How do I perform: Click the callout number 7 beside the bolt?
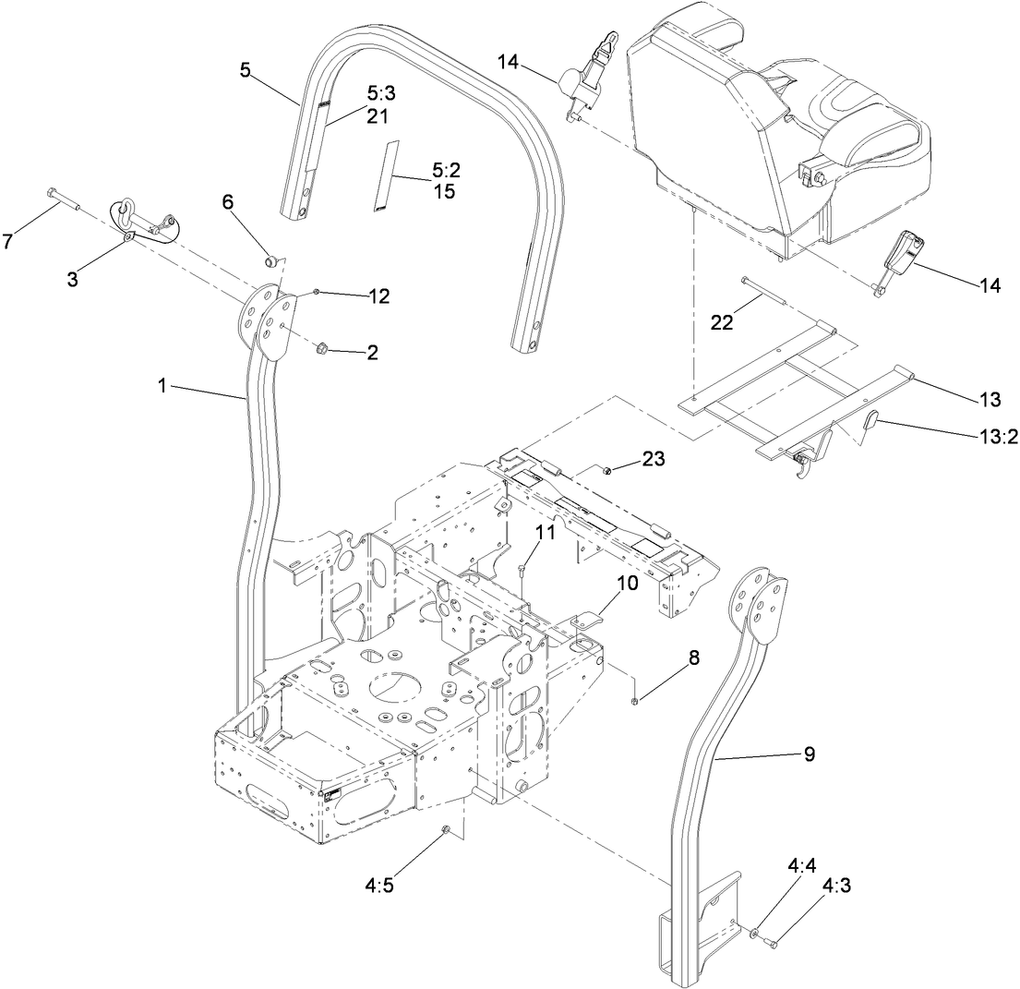click(8, 241)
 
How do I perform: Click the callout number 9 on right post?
click(809, 754)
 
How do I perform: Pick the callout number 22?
click(723, 321)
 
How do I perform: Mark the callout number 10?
click(628, 585)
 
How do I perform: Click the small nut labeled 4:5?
click(445, 830)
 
